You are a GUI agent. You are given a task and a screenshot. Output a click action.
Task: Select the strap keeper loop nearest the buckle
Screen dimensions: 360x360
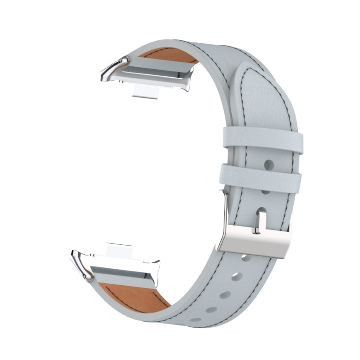pyautogui.click(x=262, y=178)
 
